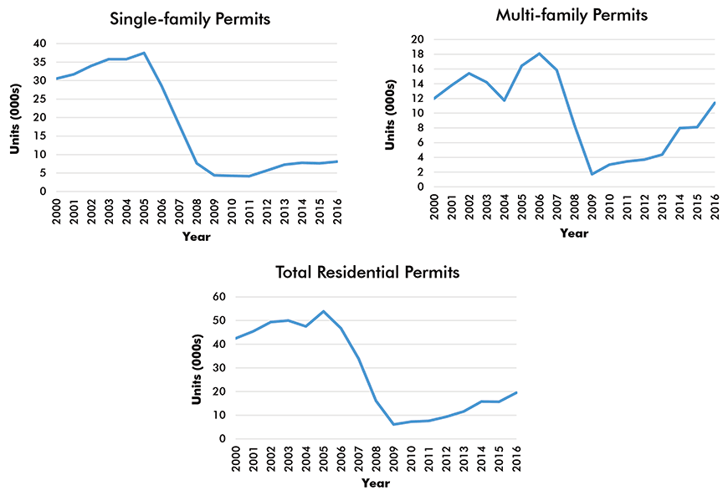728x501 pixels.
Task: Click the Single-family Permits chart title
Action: [191, 18]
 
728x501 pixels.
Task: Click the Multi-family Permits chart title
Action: [571, 15]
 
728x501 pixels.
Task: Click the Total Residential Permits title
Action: [368, 273]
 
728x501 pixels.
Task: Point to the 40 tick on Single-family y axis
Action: [39, 43]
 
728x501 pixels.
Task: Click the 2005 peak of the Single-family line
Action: [144, 53]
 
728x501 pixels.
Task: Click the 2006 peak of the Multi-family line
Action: [539, 54]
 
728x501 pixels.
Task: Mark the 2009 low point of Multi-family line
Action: [592, 174]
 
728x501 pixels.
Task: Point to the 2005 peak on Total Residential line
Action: [324, 311]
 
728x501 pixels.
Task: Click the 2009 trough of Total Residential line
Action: [393, 424]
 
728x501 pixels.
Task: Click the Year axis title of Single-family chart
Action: [197, 236]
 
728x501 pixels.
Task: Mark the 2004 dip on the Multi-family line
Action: [505, 100]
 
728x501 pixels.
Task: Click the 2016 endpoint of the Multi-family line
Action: [714, 102]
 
